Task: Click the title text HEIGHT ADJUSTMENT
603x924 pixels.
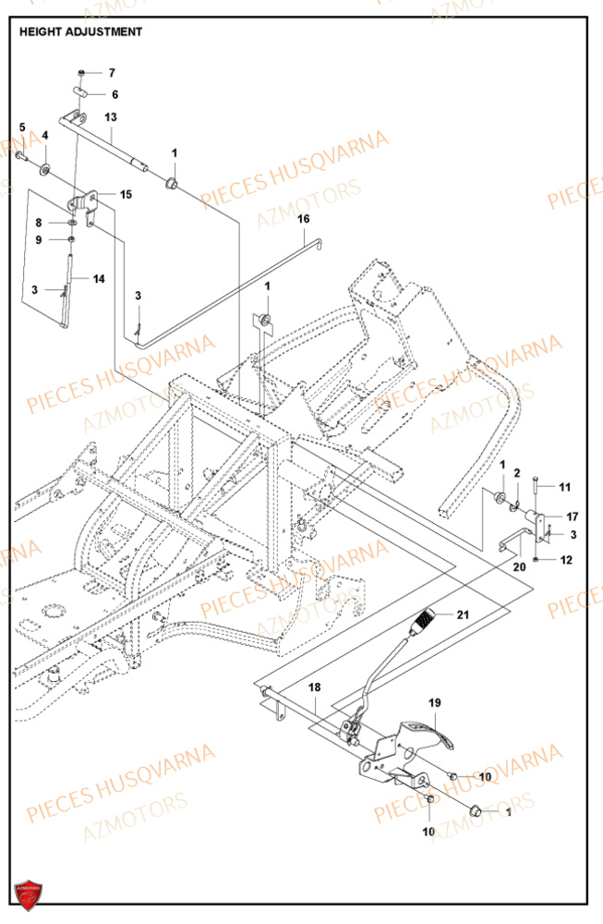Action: [x=80, y=31]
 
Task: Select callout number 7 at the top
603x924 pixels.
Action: [x=112, y=72]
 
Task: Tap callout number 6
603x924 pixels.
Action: [x=115, y=94]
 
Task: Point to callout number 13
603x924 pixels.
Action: [x=111, y=117]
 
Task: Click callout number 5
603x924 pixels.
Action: [x=23, y=128]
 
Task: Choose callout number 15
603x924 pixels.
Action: [x=126, y=195]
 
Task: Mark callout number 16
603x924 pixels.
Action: [x=303, y=219]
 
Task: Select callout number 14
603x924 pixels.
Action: [x=99, y=278]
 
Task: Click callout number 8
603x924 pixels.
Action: [x=39, y=223]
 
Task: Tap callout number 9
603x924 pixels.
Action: [x=39, y=240]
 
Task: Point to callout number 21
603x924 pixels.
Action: [x=463, y=615]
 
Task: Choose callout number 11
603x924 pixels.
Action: [x=565, y=487]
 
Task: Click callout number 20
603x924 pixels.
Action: [x=519, y=566]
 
